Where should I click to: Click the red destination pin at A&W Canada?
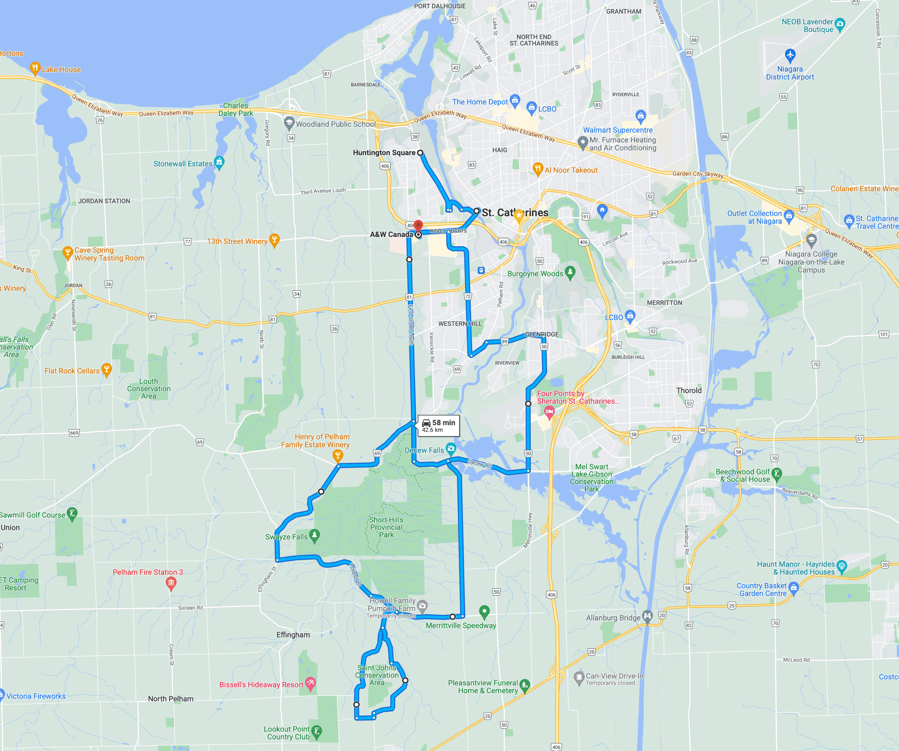pos(418,225)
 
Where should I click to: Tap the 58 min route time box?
pos(438,425)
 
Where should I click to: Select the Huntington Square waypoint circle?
pos(420,153)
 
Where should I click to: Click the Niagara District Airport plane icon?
pos(790,55)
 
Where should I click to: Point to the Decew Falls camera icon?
pos(451,449)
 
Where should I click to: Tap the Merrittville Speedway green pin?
pos(484,611)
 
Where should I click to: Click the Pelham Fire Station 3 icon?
pos(171,583)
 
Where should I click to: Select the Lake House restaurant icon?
pos(35,68)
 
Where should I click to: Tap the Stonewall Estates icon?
pos(219,162)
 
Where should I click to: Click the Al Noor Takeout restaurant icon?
pos(538,168)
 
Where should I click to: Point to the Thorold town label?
pos(689,390)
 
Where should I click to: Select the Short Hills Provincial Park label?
pos(386,527)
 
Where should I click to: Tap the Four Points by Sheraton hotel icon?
pos(549,412)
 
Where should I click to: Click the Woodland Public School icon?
pos(289,123)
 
